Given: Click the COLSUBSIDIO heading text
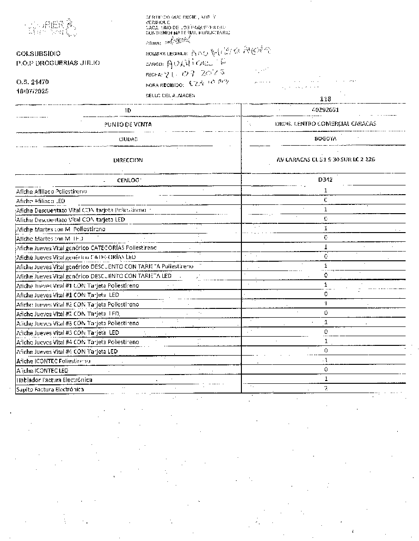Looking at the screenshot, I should [x=38, y=54].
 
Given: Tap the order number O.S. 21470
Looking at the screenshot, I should [x=32, y=82].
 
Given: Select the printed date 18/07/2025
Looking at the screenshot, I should [x=32, y=91].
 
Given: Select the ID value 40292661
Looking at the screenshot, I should [x=325, y=110].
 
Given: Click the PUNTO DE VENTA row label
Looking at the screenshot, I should [x=128, y=124].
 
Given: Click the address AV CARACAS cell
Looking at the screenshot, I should [x=325, y=160].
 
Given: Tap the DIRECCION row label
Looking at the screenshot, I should [x=128, y=160].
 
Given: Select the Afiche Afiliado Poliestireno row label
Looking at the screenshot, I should [x=52, y=191].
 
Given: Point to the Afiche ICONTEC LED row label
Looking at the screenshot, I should [x=42, y=370].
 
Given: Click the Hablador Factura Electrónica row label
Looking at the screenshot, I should [x=54, y=380].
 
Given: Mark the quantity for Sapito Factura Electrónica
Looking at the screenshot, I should [x=326, y=388].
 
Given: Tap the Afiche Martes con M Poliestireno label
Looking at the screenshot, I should [x=61, y=229].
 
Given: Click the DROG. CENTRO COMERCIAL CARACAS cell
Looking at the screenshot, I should [x=325, y=124].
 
